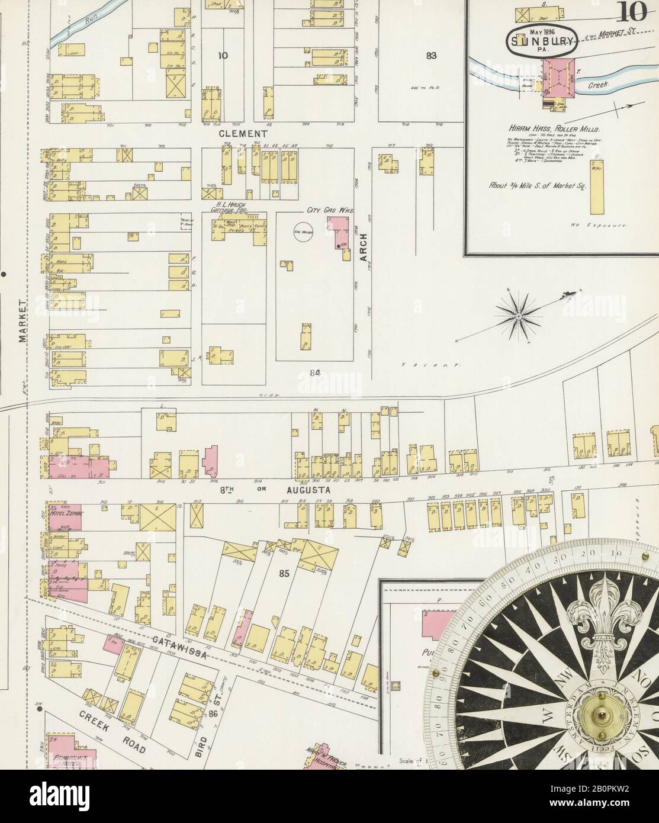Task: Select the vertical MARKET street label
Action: coord(22,320)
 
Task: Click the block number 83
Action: coord(431,56)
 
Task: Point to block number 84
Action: coord(314,372)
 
